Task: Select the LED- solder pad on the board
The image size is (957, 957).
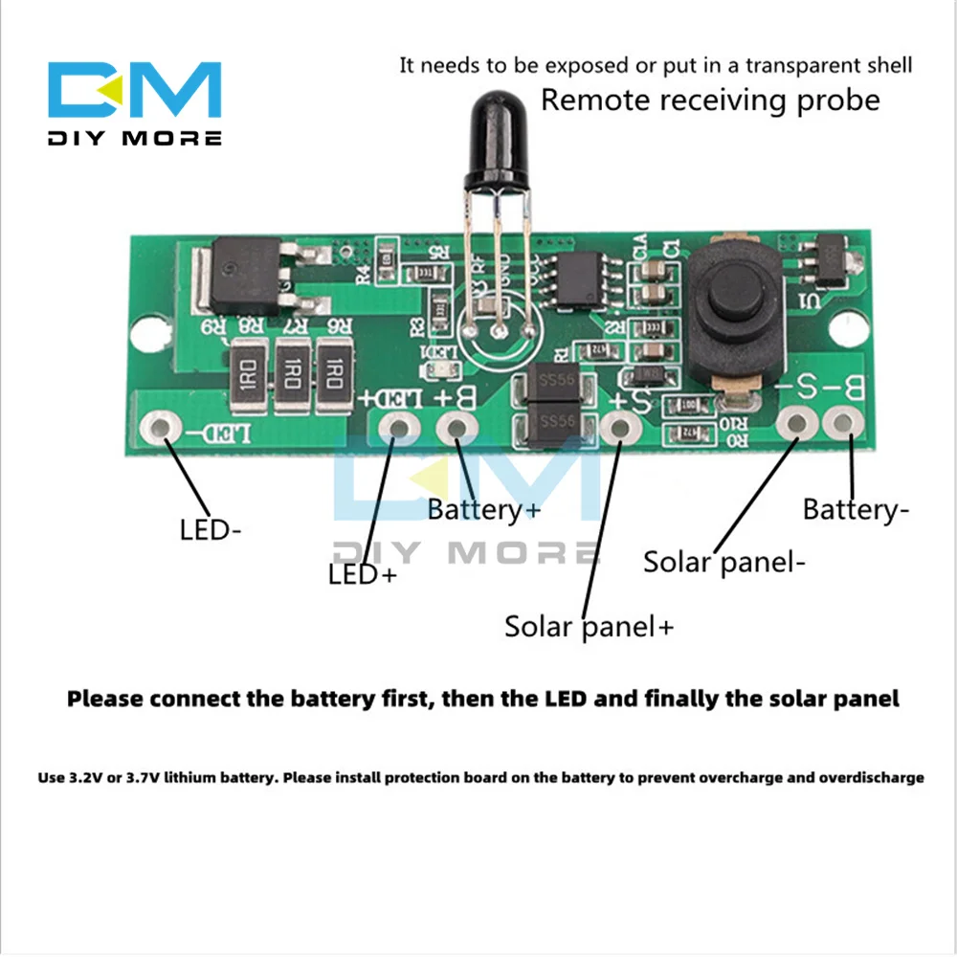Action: (161, 425)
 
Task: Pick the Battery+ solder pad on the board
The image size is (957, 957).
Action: (456, 427)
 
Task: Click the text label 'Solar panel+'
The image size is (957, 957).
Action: (590, 627)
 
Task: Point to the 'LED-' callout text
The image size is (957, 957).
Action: (211, 529)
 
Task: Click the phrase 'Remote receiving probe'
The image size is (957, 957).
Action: (710, 100)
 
